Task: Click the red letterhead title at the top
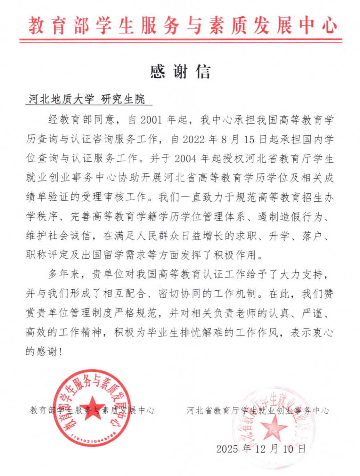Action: click(182, 25)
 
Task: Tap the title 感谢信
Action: click(180, 72)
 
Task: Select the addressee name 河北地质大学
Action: click(61, 99)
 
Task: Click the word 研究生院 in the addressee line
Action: click(123, 99)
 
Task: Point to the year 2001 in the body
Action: click(151, 120)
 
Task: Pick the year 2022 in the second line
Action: click(194, 139)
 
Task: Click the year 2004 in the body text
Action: click(186, 159)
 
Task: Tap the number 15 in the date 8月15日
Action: click(249, 139)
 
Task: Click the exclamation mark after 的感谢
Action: click(61, 352)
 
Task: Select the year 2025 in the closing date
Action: click(227, 449)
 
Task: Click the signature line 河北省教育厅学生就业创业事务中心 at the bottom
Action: click(257, 411)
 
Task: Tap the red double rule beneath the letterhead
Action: click(181, 41)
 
